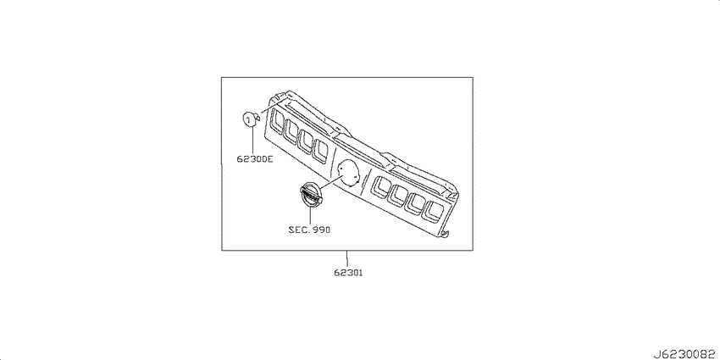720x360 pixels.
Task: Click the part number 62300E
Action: pos(255,159)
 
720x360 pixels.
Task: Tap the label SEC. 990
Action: pos(309,230)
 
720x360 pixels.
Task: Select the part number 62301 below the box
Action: pos(348,273)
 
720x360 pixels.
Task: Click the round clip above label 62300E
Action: pos(250,119)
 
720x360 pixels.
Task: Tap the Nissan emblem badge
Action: pos(310,195)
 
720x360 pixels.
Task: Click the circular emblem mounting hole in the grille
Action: pos(348,172)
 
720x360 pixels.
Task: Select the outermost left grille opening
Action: pos(276,122)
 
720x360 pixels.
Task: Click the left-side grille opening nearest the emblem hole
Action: pos(320,150)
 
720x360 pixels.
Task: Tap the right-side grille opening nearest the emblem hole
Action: pos(379,187)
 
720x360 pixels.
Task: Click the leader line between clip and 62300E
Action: pos(252,141)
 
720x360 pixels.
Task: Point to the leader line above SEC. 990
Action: pos(310,216)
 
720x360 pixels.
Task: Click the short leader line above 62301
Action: pos(347,259)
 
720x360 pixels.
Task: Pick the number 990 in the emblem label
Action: pos(321,230)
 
